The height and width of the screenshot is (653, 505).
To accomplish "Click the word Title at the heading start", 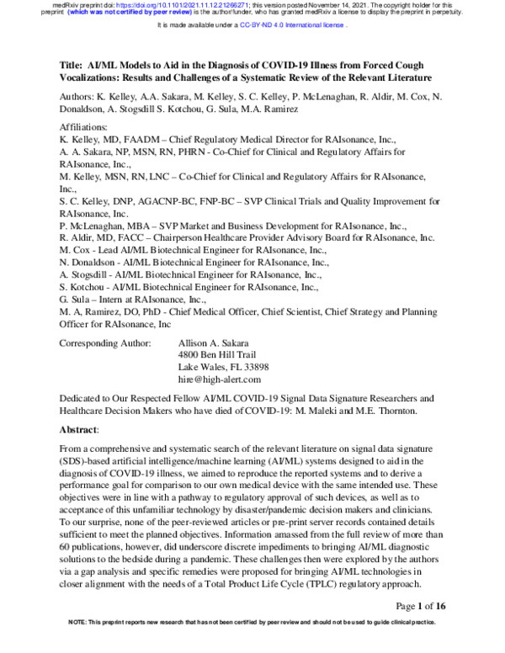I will (x=71, y=65).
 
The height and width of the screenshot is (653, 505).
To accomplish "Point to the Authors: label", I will (x=78, y=98).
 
